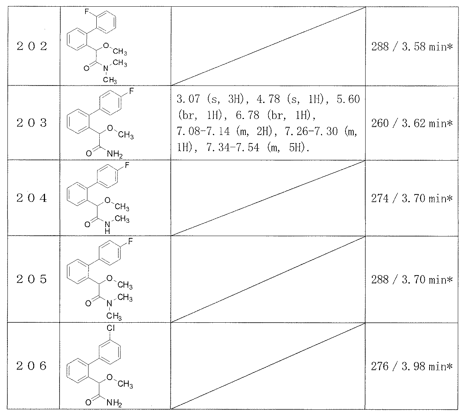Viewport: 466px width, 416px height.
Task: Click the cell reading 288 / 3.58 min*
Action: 412,47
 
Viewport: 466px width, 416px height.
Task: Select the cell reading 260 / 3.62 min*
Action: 412,123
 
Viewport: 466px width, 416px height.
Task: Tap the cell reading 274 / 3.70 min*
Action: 412,198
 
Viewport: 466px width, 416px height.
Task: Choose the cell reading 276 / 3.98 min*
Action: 412,367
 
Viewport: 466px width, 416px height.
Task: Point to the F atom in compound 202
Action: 87,12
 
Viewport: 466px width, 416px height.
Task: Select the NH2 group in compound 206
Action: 114,403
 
